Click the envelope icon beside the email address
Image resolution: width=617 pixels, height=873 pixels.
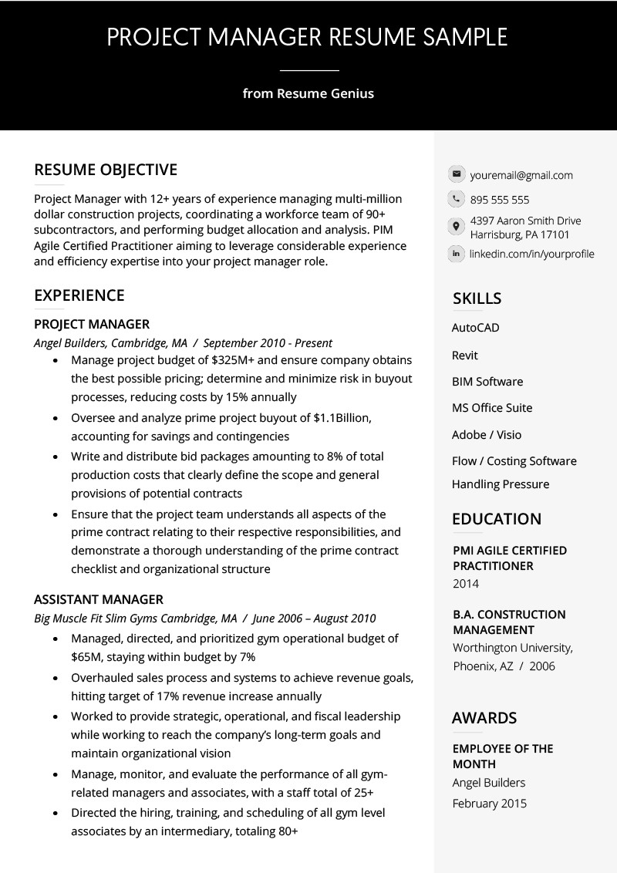456,174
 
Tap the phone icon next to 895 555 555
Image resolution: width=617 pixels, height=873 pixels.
456,199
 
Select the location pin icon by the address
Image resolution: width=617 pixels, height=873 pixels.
456,227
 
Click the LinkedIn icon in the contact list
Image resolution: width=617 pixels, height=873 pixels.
456,253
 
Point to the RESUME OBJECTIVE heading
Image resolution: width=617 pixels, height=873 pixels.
106,170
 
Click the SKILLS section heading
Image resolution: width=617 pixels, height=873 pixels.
477,298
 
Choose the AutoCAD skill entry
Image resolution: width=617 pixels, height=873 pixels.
475,328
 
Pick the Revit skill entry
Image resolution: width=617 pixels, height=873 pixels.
464,356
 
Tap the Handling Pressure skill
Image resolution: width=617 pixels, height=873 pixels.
501,484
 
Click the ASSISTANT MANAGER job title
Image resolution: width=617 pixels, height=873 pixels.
99,599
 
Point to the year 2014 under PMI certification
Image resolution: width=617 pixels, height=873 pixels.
466,584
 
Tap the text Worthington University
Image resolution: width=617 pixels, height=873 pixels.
512,648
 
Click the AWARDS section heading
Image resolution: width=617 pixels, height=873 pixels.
484,718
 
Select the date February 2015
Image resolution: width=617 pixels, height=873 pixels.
490,804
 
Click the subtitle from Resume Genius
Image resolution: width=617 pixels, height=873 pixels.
308,94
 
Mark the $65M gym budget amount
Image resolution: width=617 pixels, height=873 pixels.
86,657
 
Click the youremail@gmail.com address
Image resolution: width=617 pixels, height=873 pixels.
521,175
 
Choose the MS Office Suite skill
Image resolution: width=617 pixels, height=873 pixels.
492,408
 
